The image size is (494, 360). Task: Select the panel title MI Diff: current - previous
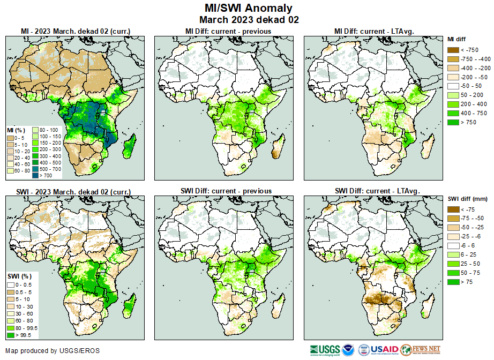[x=228, y=31]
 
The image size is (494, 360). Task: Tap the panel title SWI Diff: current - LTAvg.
[x=377, y=191]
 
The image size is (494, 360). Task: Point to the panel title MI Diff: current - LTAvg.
[x=377, y=31]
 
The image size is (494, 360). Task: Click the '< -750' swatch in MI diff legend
[x=453, y=50]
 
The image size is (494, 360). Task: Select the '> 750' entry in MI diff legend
[x=453, y=123]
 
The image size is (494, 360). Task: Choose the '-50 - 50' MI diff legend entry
[x=453, y=86]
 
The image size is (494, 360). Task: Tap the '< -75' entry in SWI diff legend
[x=453, y=209]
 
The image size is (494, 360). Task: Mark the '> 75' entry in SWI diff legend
[x=453, y=281]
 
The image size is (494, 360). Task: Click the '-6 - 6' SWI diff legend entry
[x=453, y=245]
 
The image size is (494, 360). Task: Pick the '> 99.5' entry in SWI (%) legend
[x=11, y=335]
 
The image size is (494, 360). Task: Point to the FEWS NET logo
[x=420, y=349]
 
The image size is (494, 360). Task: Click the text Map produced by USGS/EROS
[x=53, y=351]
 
